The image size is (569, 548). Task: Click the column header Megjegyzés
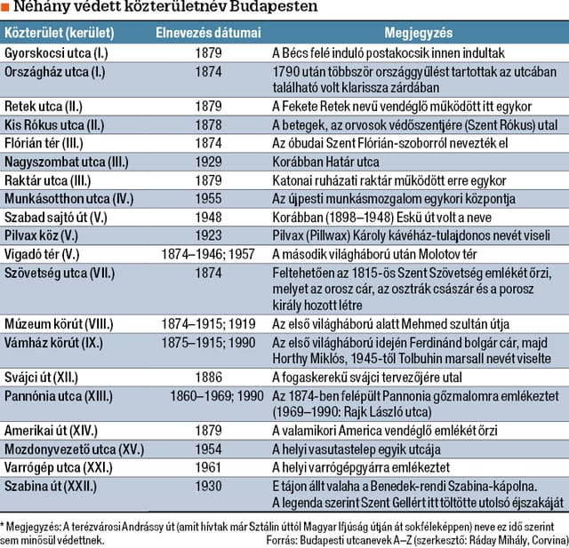point(419,33)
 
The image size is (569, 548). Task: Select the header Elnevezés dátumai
point(208,33)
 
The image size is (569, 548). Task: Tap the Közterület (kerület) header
point(60,33)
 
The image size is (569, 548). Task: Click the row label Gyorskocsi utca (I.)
point(56,53)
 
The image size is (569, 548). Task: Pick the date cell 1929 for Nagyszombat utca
point(208,162)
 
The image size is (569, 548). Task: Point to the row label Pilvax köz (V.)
point(42,235)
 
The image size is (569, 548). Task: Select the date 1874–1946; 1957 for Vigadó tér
point(208,254)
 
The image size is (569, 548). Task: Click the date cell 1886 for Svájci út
point(208,377)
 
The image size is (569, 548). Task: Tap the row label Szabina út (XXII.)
point(51,487)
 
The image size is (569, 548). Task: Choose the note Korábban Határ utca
point(325,162)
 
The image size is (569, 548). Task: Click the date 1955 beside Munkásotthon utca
point(208,199)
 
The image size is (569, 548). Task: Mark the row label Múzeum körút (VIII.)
point(59,324)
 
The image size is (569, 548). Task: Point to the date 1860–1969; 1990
point(217,396)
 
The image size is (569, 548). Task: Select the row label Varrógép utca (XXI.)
point(59,467)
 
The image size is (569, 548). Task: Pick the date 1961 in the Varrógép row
point(208,467)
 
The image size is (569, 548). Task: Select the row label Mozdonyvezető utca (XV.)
point(74,449)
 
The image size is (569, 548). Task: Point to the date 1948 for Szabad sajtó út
point(208,217)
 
